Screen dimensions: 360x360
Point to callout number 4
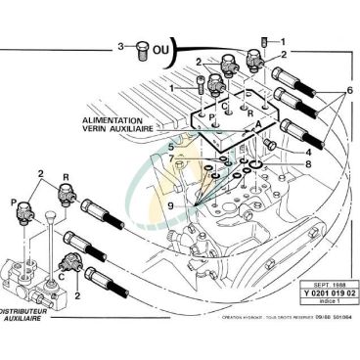pos(309,152)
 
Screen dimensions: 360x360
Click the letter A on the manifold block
pos(256,126)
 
